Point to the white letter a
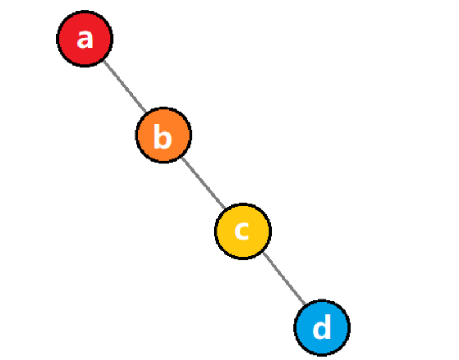(85, 39)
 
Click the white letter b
(163, 137)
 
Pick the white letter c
(243, 231)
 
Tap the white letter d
(322, 329)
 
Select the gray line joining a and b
(124, 87)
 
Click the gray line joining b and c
(203, 183)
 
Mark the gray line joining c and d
(283, 280)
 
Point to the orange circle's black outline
(163, 108)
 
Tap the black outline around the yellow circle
(243, 204)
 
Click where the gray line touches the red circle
(103, 60)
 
